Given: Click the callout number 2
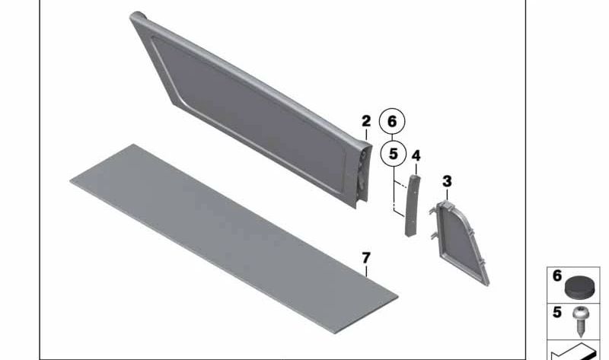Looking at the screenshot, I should click(x=366, y=121).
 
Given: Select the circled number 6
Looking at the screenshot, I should click(x=392, y=121).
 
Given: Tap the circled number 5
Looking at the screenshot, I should click(x=392, y=154).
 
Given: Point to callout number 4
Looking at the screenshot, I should click(x=416, y=156).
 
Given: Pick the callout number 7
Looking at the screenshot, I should click(x=366, y=259).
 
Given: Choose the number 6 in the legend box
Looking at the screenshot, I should click(x=556, y=276).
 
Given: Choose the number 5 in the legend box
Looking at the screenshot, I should click(x=556, y=311).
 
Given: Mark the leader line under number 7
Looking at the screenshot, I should click(x=366, y=269).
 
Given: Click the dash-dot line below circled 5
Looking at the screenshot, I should click(x=394, y=194).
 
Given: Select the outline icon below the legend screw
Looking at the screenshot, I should click(x=575, y=352).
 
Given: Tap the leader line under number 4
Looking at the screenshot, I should click(x=416, y=167).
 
